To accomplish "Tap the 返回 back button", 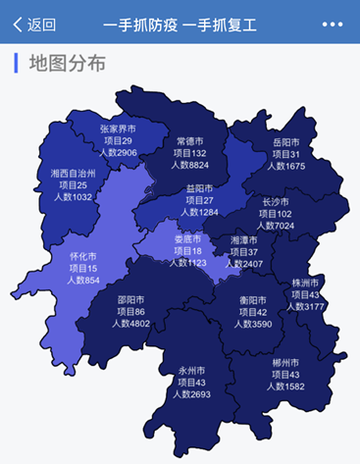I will [x=33, y=25].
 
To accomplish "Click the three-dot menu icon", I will [x=333, y=25].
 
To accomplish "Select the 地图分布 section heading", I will [x=67, y=64].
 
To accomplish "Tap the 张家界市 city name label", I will [x=118, y=129].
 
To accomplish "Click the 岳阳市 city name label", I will [x=289, y=141].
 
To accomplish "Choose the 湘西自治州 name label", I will [x=73, y=173].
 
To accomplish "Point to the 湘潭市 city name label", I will [x=244, y=240].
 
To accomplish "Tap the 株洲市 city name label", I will [x=306, y=283].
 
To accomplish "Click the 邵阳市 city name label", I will [x=130, y=299].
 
